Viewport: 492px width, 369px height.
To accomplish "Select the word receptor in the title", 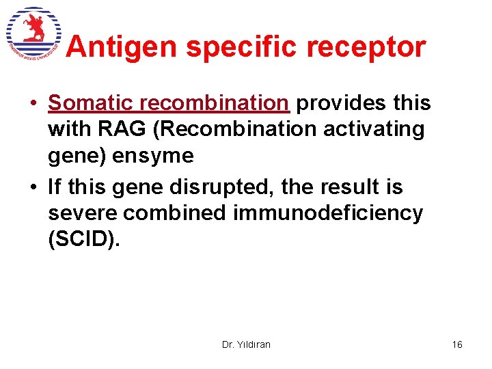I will tap(375, 47).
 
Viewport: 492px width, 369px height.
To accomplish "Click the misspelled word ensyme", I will tap(154, 156).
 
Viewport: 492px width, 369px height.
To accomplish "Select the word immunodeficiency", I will tap(328, 213).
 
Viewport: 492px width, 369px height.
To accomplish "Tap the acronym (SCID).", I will tap(84, 240).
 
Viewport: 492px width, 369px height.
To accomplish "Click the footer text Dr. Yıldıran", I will tap(246, 344).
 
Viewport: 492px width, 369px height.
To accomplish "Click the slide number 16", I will tap(456, 344).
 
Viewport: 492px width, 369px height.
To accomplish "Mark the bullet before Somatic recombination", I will tap(32, 104).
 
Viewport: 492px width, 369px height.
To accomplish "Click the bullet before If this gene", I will tap(32, 188).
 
